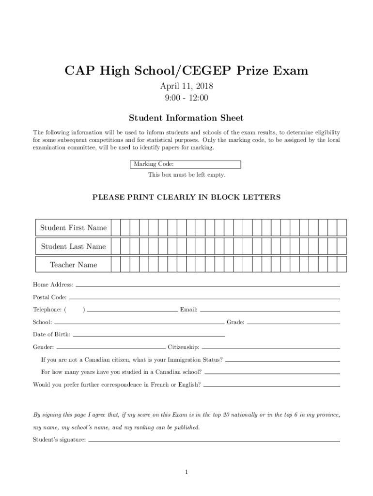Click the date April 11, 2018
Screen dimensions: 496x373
[186, 86]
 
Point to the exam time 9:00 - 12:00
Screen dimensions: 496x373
[186, 98]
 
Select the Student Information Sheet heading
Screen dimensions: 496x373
[186, 118]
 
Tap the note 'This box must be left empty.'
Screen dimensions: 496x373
[186, 174]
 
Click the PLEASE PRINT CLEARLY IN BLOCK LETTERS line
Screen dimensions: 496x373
[186, 197]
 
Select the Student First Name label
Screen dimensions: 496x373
[74, 228]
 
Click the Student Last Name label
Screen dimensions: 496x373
[74, 247]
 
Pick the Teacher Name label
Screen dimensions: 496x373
[74, 265]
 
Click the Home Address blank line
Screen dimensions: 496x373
[208, 286]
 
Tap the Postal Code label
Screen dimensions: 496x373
[50, 297]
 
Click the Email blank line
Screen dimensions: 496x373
[270, 310]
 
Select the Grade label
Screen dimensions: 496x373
[235, 322]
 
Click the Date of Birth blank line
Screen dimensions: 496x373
[148, 336]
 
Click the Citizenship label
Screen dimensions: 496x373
[183, 347]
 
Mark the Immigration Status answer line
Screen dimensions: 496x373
[283, 361]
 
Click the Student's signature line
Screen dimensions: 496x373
[214, 441]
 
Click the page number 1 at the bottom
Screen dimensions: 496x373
[186, 472]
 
